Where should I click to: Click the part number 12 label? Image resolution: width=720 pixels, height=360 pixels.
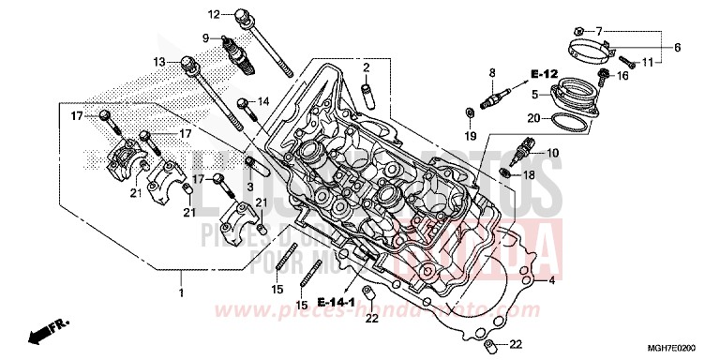point(213,14)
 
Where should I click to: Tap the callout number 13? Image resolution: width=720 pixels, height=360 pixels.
point(160,62)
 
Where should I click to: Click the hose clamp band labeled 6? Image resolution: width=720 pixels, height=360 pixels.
point(592,42)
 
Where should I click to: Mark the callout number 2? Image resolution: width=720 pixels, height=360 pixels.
point(367,67)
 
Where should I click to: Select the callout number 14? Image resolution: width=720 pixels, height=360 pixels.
point(263,101)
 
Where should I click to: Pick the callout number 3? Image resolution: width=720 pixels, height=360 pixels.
point(250,187)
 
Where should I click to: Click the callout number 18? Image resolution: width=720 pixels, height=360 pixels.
point(555,175)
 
